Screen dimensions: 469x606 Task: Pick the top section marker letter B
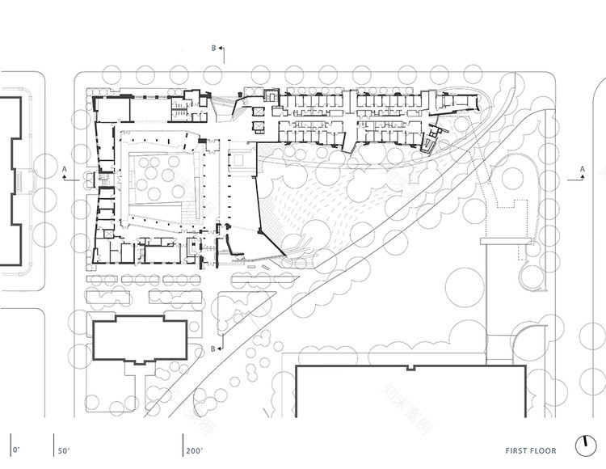(214, 49)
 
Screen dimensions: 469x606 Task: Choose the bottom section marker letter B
(213, 349)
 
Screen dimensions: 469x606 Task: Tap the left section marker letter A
(64, 169)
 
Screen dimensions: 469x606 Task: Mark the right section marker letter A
(583, 169)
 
